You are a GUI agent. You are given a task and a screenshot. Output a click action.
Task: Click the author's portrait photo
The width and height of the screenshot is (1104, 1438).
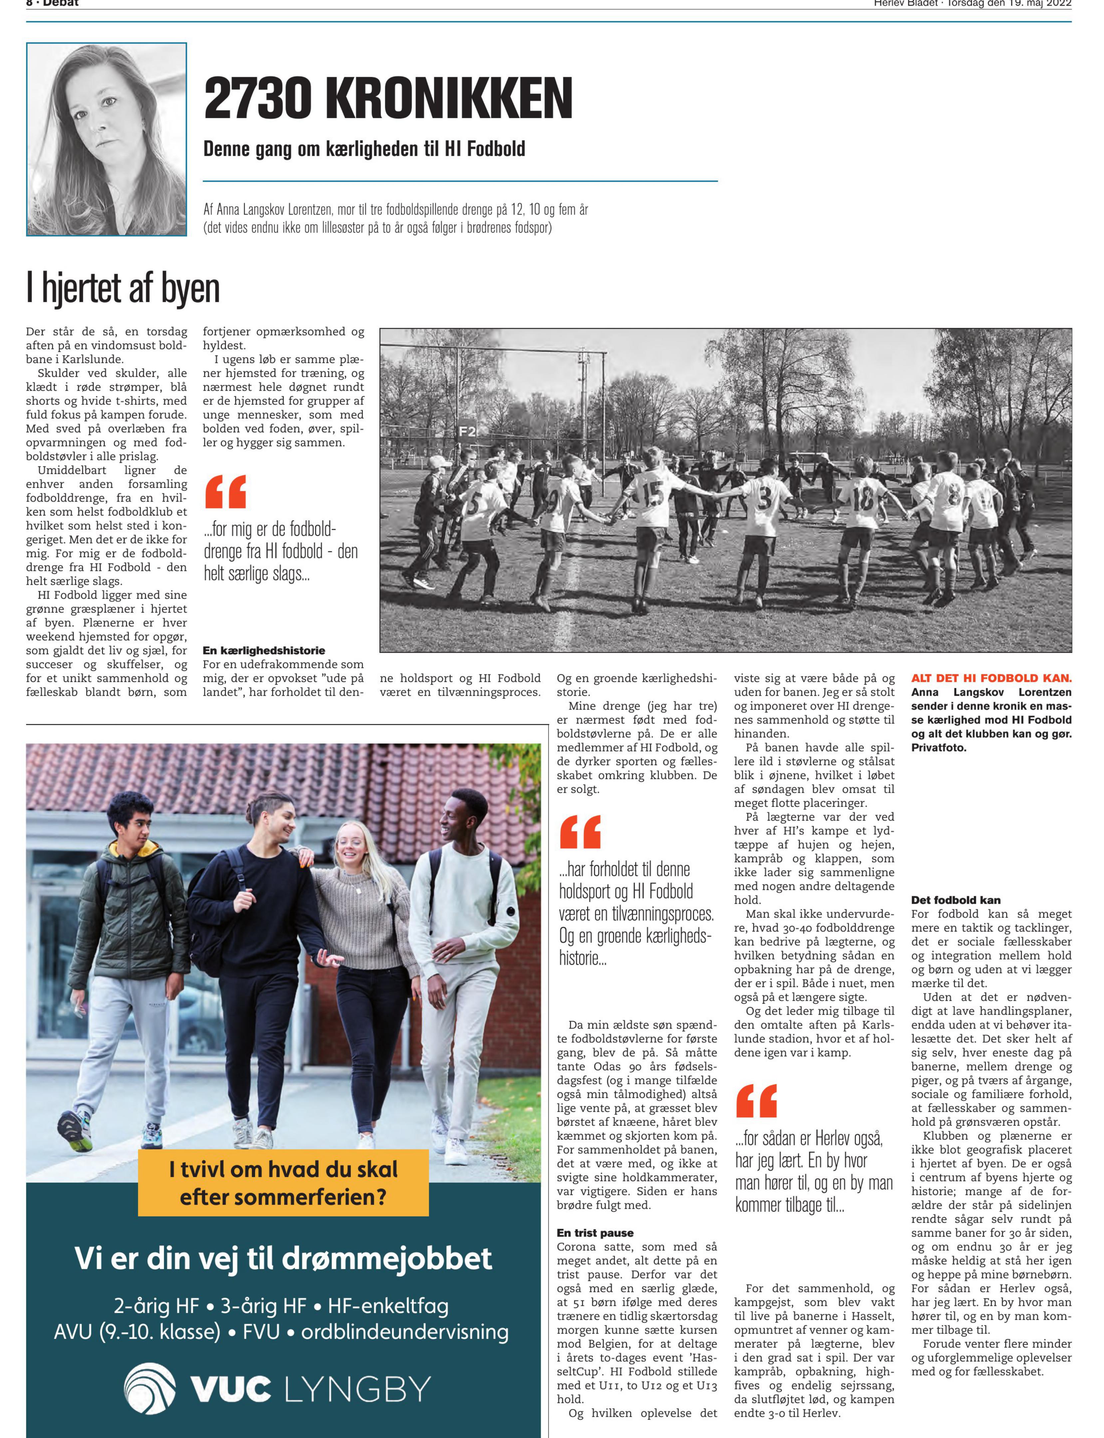click(x=107, y=139)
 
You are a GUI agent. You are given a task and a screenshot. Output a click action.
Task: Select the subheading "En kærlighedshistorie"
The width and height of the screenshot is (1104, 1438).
click(x=263, y=650)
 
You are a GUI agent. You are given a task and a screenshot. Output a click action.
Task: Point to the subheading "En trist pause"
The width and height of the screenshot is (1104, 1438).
click(x=595, y=1232)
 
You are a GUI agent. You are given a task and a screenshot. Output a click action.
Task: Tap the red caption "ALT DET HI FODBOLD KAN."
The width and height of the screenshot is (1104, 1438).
click(x=991, y=678)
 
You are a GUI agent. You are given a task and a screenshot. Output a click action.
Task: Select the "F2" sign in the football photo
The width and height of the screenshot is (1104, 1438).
click(x=467, y=432)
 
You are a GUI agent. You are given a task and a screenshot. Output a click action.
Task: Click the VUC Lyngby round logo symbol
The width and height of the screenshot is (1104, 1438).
click(x=150, y=1388)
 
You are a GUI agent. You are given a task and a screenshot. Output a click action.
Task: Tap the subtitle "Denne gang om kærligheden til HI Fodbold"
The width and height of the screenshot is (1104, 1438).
click(x=364, y=149)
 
